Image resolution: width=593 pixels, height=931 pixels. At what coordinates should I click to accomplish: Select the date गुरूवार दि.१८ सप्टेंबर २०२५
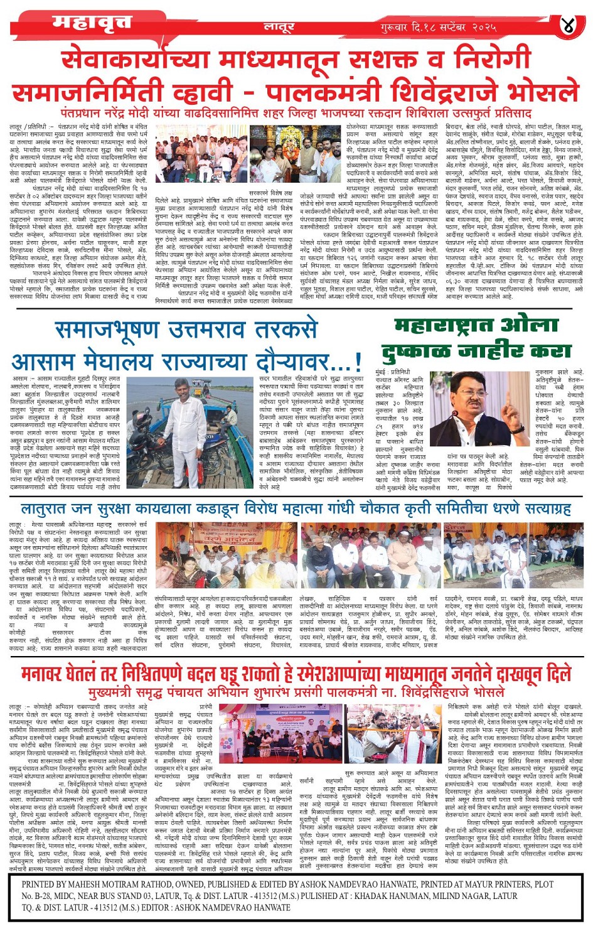point(438,28)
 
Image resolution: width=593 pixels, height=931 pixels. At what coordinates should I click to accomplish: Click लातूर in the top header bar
point(279,27)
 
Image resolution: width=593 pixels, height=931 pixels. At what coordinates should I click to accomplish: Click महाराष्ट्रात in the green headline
point(442,326)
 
